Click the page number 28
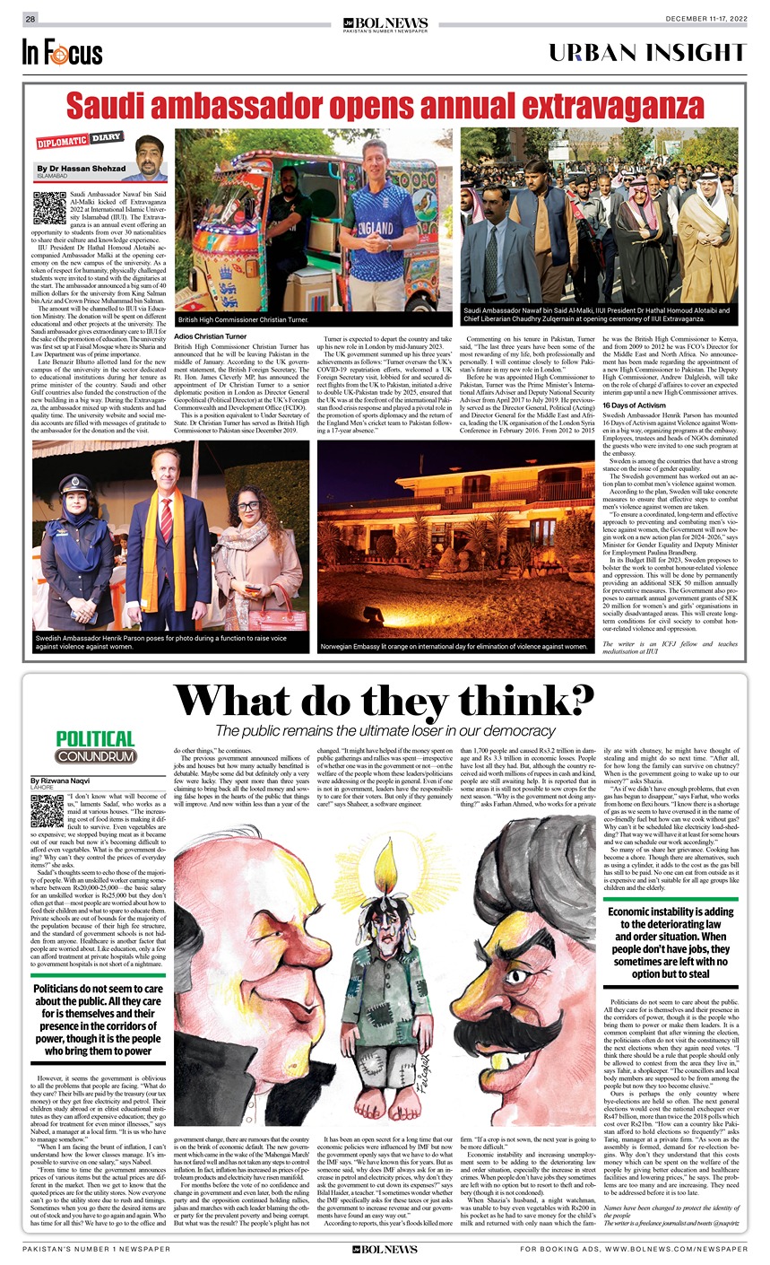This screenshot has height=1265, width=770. (30, 19)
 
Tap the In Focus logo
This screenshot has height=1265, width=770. (62, 52)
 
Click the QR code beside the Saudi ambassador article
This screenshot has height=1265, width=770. (48, 207)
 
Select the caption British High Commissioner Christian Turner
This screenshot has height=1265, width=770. (231, 319)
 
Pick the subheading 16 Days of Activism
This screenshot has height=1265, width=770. (634, 406)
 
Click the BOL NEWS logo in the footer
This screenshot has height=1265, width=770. (385, 1249)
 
